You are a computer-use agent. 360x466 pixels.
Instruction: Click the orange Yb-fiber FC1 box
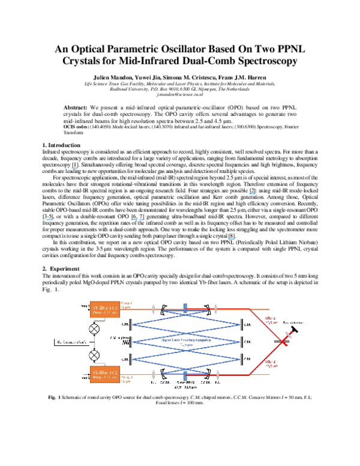point(105,309)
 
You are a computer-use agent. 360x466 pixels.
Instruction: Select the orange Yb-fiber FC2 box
point(105,374)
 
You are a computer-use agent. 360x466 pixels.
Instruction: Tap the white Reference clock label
point(72,342)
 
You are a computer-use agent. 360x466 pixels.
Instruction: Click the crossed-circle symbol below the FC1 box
point(94,328)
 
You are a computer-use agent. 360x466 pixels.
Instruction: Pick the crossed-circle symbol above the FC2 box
point(94,355)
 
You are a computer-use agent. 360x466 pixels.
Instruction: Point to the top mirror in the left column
point(131,325)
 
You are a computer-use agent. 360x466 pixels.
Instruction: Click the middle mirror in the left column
point(131,342)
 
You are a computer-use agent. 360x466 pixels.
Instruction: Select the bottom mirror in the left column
point(131,359)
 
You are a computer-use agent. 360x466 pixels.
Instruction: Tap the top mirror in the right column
point(241,325)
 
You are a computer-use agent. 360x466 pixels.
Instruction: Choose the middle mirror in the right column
point(241,342)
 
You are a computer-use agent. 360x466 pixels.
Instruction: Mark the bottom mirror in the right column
point(241,359)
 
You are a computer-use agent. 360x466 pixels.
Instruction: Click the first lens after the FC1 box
point(153,309)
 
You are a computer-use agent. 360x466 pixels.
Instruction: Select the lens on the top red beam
point(215,309)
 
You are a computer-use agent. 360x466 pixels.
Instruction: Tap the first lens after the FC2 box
point(153,375)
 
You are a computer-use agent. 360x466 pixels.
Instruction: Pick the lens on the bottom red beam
point(217,375)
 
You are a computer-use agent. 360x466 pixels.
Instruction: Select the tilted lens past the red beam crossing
point(289,334)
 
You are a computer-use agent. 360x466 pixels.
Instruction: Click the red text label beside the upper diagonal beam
point(271,320)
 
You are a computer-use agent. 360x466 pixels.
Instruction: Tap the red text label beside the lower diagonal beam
point(271,363)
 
